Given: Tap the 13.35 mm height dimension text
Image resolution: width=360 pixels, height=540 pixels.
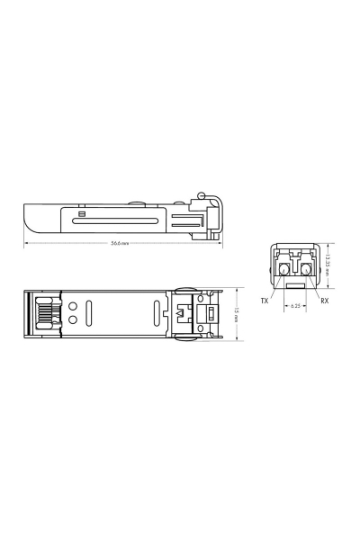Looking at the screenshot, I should click(x=329, y=262).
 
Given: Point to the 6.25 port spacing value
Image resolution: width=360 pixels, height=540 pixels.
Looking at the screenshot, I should click(x=294, y=306).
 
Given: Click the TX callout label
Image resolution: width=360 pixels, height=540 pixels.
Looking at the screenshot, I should click(x=265, y=300).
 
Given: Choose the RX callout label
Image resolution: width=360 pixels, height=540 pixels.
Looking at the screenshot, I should click(x=324, y=300).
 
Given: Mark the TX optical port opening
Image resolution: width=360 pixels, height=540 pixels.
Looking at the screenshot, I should click(x=283, y=268).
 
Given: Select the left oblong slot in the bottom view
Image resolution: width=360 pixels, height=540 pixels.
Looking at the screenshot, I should click(x=91, y=314).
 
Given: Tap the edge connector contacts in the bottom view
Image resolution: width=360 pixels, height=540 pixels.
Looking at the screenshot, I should click(x=42, y=314).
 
